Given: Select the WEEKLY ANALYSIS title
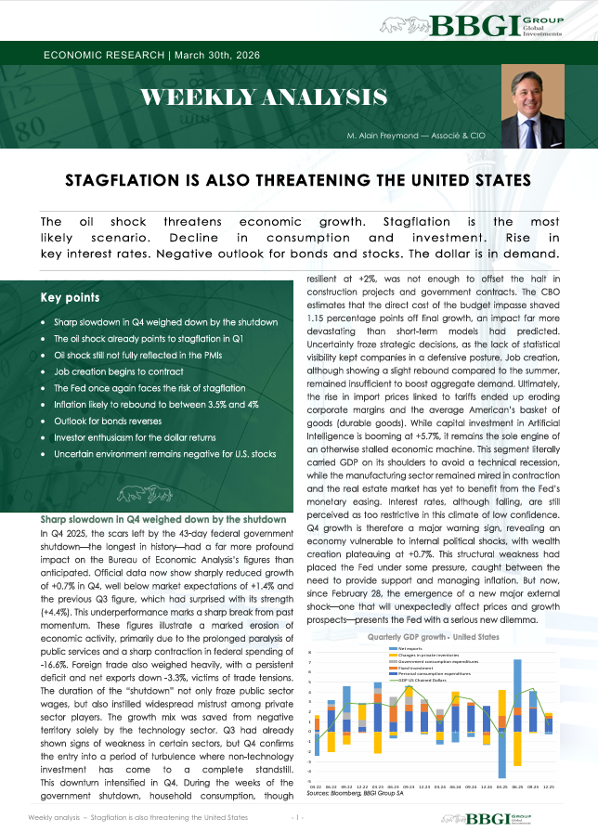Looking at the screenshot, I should (264, 96).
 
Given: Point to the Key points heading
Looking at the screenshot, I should (71, 298).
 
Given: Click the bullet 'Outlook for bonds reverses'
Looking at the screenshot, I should (109, 421).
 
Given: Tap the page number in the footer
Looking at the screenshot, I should (297, 817).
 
